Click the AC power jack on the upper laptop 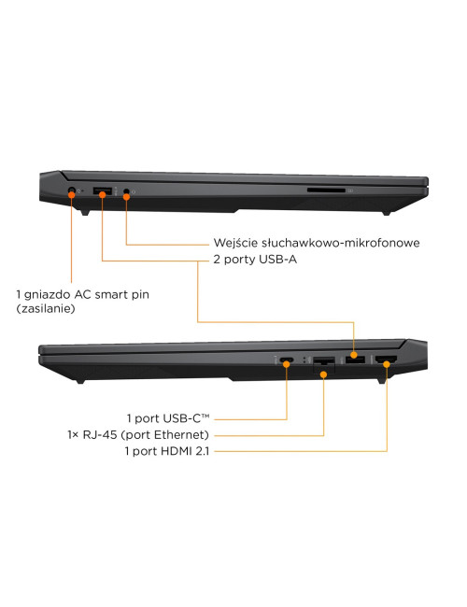coord(71,191)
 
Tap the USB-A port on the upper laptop coord(103,191)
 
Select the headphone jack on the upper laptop coord(126,191)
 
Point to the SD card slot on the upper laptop coord(326,191)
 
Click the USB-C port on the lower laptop coord(287,360)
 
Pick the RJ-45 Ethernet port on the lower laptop coord(324,362)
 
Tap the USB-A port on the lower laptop coord(355,360)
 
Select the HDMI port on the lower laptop coord(386,360)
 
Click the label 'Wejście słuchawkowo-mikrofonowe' coord(317,243)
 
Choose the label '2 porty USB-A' coord(255,259)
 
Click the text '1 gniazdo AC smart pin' coord(82,294)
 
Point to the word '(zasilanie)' coord(46,308)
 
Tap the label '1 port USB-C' coord(168,418)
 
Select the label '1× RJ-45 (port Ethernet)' coord(138,435)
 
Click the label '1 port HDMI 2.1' coord(167,451)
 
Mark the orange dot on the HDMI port coord(387,364)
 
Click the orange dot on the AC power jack coord(72,194)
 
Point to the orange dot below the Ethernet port coord(324,374)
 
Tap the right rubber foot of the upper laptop coord(386,213)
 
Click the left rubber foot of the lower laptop coord(80,382)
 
